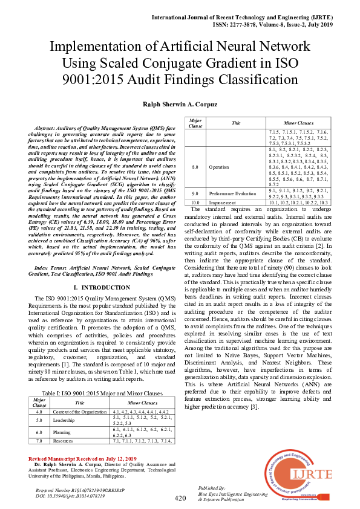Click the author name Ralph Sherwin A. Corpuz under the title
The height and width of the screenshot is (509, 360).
(x=180, y=104)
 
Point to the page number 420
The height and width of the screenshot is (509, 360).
(x=180, y=498)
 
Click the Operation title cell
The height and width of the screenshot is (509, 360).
(x=218, y=166)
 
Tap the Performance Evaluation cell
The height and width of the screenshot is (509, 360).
(x=232, y=194)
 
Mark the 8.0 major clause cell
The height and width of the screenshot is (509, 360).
(x=195, y=166)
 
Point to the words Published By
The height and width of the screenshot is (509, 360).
(x=212, y=487)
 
